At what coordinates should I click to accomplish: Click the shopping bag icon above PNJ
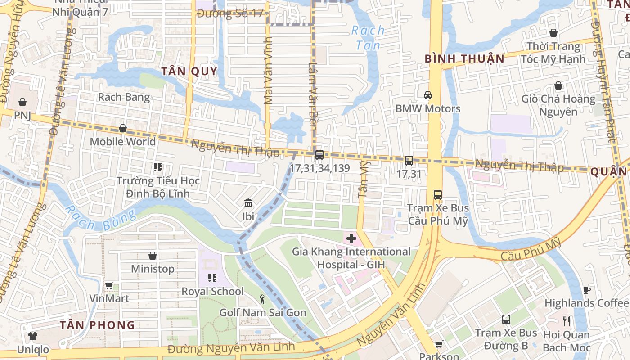(22, 102)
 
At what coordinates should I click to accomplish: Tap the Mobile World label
(122, 141)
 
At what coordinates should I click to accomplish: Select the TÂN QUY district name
(189, 71)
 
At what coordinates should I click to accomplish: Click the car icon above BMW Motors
(427, 95)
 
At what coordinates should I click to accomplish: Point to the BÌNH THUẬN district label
(464, 58)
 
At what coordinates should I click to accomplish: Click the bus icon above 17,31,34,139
(319, 155)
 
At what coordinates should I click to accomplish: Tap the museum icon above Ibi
(248, 203)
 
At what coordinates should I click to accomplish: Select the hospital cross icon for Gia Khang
(351, 238)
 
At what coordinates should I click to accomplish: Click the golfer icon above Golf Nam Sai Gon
(262, 299)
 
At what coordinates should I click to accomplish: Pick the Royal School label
(212, 291)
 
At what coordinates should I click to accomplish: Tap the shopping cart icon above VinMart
(109, 285)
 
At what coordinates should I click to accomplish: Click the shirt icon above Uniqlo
(33, 336)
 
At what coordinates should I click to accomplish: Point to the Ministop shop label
(153, 269)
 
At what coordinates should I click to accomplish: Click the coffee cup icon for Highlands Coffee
(586, 290)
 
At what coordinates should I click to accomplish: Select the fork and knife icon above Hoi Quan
(567, 321)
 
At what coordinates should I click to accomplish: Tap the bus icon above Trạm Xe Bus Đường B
(506, 319)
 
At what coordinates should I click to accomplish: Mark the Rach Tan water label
(368, 37)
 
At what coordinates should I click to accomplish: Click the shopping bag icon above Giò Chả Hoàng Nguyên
(558, 85)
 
